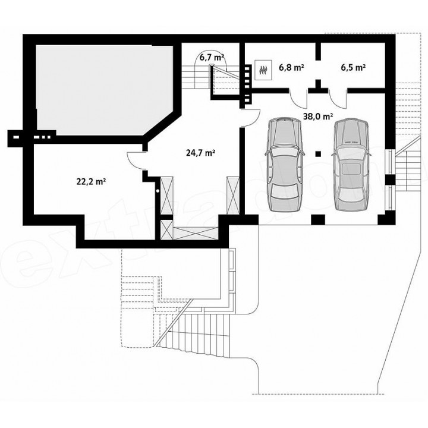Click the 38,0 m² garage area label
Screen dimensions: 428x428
[x=318, y=117]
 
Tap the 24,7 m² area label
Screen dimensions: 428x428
[x=201, y=153]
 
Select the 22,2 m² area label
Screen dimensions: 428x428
[x=91, y=181]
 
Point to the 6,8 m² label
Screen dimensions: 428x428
[x=291, y=67]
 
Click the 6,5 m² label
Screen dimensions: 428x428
[x=353, y=67]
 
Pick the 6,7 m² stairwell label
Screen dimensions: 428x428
[x=212, y=57]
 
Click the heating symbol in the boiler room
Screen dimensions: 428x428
[x=263, y=70]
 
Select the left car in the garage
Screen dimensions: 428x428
[x=285, y=164]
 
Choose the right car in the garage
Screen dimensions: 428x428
[x=351, y=164]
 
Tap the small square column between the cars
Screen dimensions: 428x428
[x=317, y=154]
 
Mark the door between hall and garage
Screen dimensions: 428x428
[x=251, y=118]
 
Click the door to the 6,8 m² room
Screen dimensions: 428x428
[x=298, y=98]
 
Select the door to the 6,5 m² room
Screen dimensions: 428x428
[x=338, y=98]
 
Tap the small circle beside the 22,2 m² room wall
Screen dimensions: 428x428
[x=158, y=191]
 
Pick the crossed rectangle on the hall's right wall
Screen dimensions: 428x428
[x=233, y=195]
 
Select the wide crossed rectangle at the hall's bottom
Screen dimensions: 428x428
[x=196, y=234]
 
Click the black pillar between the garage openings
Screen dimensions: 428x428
[x=318, y=219]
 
